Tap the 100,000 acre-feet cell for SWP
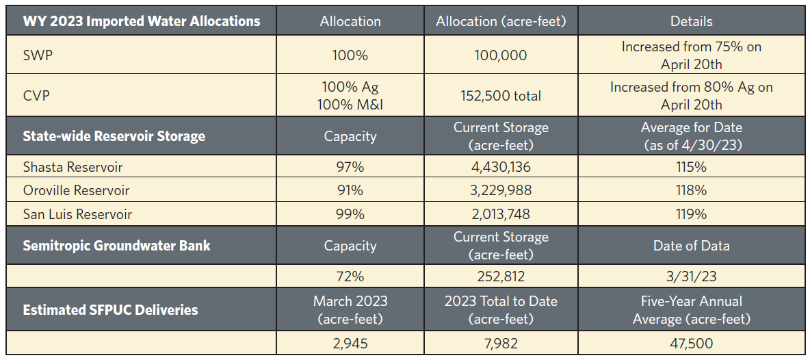coord(501,55)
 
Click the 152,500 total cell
coord(501,96)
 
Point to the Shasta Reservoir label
coord(73,166)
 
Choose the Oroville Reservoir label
coord(76,190)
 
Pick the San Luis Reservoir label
coord(77,214)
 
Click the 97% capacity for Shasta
coord(350,166)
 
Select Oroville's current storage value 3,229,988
coord(501,190)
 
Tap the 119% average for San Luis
coord(691,214)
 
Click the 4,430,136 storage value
coord(501,166)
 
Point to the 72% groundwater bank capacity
coord(350,277)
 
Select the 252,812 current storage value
coord(501,277)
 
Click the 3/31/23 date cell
coord(691,277)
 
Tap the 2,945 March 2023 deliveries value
coord(350,342)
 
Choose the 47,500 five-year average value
coord(691,342)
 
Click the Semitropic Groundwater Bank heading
coord(116,245)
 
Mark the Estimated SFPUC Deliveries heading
coord(110,309)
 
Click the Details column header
coord(691,21)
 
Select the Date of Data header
coord(691,245)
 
